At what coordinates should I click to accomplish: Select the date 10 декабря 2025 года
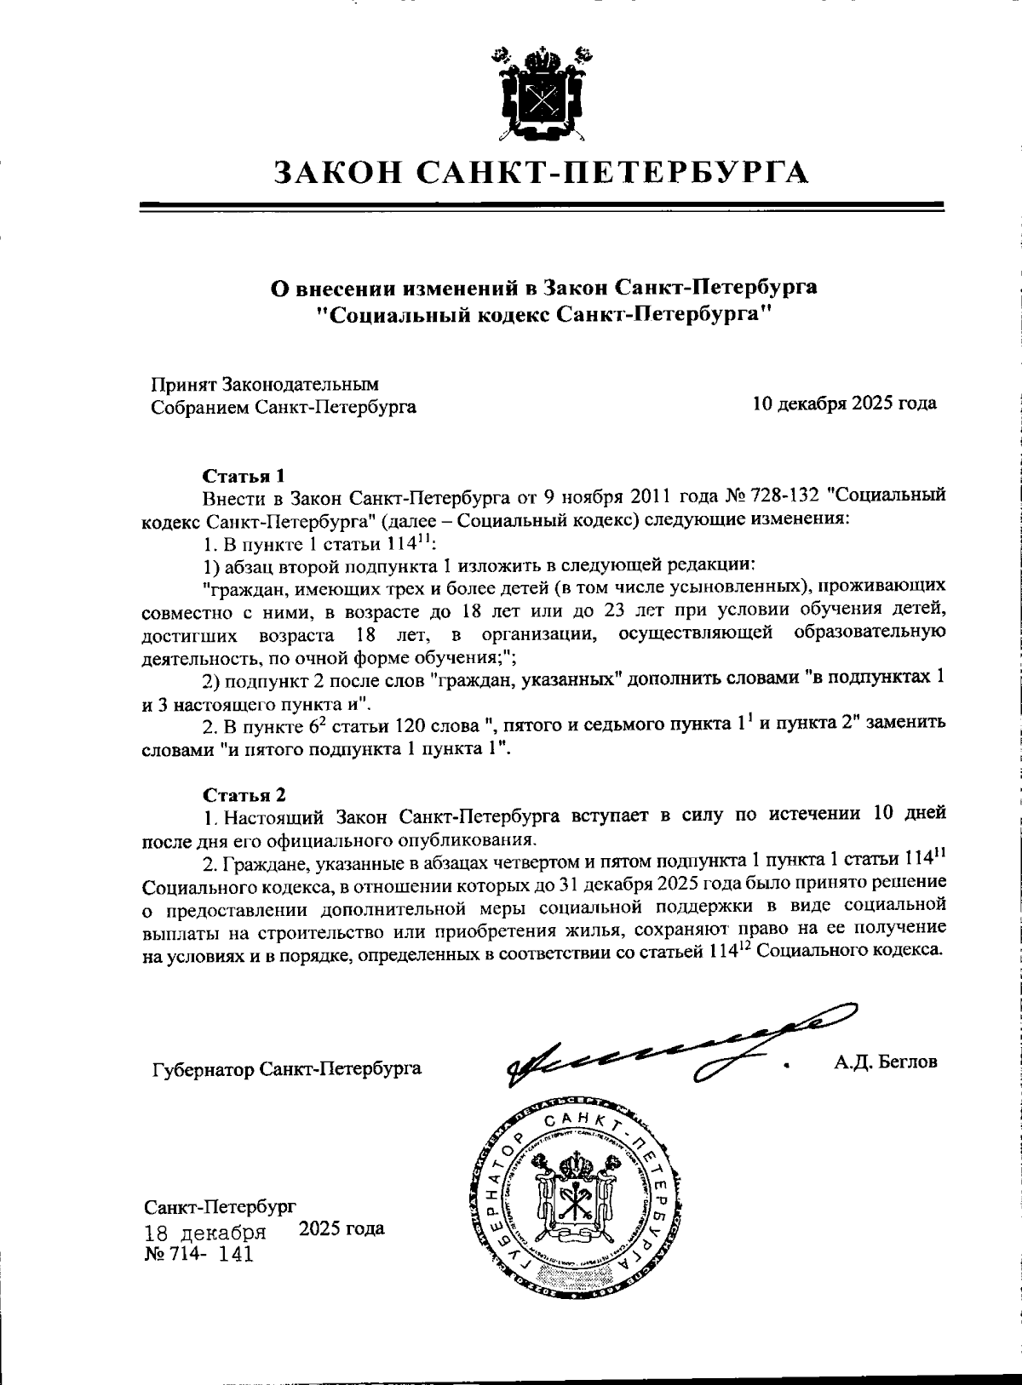845,403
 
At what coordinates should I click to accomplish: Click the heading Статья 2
244,795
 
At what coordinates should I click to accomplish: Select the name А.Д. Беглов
886,1062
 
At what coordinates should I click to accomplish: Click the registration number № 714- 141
198,1255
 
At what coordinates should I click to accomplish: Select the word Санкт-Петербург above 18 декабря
220,1207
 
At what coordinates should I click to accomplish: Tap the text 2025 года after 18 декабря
342,1229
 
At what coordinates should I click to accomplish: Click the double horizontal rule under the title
543,207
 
